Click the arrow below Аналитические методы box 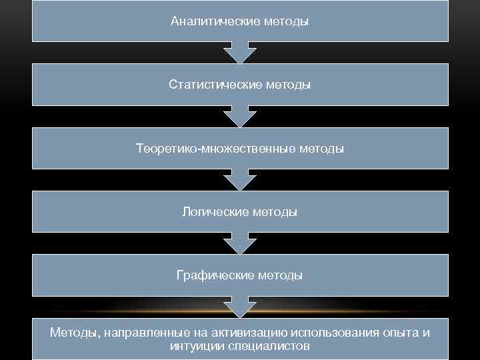coord(239,52)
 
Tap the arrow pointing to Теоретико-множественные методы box coord(239,116)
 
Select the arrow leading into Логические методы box coord(239,179)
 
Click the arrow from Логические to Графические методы coord(239,243)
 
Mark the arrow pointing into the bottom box coord(239,307)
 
